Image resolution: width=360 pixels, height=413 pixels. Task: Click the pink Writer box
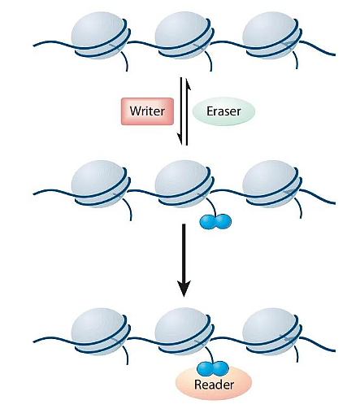point(147,111)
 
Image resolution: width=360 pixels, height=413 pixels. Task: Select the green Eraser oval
point(223,111)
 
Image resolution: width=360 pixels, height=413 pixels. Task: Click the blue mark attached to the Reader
point(213,368)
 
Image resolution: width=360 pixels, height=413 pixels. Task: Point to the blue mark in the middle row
point(215,221)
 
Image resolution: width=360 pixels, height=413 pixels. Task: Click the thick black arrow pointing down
point(184,260)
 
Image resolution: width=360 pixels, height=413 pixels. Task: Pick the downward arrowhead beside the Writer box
point(180,139)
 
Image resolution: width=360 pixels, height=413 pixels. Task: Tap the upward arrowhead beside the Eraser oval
point(188,84)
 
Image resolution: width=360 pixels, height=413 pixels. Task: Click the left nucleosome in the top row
point(101,35)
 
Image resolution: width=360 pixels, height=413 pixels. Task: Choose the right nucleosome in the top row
point(271,35)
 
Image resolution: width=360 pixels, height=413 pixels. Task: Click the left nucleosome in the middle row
point(101,184)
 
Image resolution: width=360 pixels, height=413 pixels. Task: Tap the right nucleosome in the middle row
point(271,184)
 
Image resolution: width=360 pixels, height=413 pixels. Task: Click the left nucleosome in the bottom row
point(101,331)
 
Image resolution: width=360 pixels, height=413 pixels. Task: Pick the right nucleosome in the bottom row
point(271,331)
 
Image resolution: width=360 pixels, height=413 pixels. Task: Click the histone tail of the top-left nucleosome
point(126,61)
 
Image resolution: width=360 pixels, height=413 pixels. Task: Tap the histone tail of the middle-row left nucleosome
point(129,209)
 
